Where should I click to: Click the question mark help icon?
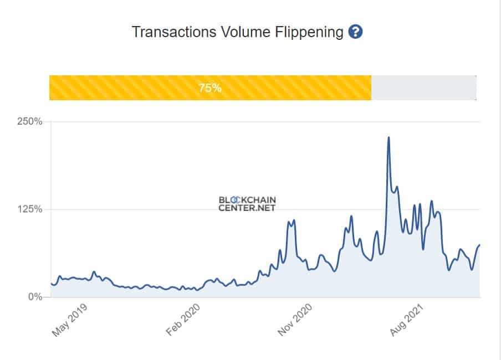pyautogui.click(x=355, y=32)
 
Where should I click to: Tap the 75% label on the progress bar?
pyautogui.click(x=210, y=88)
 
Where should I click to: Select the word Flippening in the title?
pyautogui.click(x=308, y=32)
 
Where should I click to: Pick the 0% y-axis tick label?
pyautogui.click(x=34, y=297)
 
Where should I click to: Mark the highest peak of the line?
pyautogui.click(x=388, y=137)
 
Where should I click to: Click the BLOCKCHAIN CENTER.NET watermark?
pyautogui.click(x=247, y=204)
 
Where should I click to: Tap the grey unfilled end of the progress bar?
pyautogui.click(x=423, y=88)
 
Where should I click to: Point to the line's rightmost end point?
pyautogui.click(x=480, y=245)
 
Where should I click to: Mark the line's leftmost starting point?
pyautogui.click(x=51, y=283)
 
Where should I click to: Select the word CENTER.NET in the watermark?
pyautogui.click(x=247, y=208)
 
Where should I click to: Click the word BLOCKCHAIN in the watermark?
pyautogui.click(x=247, y=199)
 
